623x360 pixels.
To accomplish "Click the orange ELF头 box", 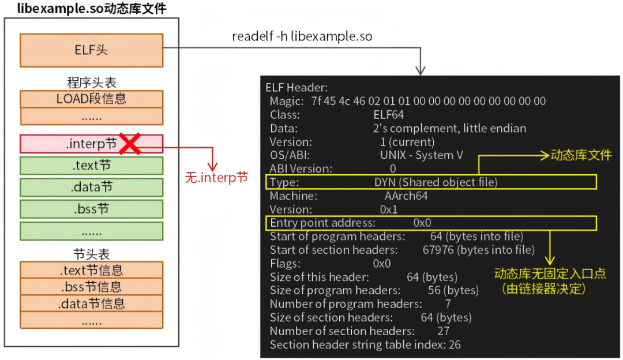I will [91, 50].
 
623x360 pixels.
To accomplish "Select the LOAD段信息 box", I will [91, 99].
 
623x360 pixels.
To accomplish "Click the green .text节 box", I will [91, 166].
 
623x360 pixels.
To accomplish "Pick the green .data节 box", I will [91, 187].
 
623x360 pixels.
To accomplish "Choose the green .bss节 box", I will [91, 209].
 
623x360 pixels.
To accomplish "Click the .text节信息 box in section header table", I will [91, 270].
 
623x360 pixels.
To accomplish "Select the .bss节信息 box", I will [91, 287].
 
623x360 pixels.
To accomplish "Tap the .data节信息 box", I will [91, 303].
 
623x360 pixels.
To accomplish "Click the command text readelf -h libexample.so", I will [302, 36].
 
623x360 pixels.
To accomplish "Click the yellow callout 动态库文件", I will [581, 155].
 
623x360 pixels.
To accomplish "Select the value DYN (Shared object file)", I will [436, 182].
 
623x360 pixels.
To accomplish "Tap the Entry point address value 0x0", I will [422, 223].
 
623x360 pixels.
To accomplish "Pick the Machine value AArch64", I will [406, 196].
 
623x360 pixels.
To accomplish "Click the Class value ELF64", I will [389, 115].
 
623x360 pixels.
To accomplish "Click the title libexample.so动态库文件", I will [91, 9].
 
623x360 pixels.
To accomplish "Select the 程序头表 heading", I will [91, 82].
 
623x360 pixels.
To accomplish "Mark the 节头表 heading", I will [91, 254].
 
